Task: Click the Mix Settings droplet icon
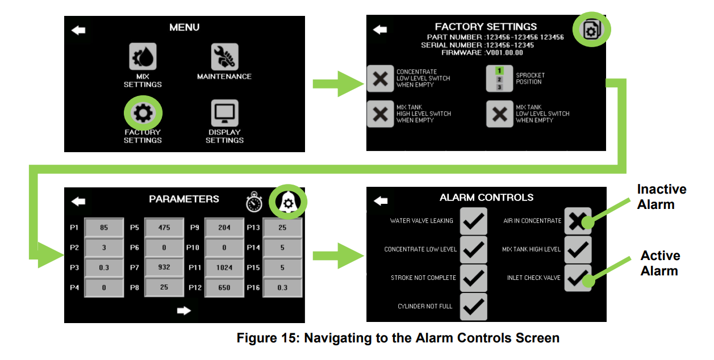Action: (x=143, y=57)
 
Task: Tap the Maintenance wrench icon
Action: (x=224, y=57)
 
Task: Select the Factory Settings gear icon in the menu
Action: (x=143, y=114)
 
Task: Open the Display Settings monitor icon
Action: (x=224, y=114)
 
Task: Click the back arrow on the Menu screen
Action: (x=78, y=30)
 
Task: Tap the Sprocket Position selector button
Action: (x=499, y=78)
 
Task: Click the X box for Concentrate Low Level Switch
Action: (x=380, y=78)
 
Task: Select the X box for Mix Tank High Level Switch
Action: (x=380, y=114)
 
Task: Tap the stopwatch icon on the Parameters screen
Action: (x=254, y=202)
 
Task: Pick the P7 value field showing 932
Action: (x=164, y=267)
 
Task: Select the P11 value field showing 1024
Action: (x=224, y=267)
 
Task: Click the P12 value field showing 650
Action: (x=224, y=287)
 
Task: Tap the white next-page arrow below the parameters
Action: (x=183, y=311)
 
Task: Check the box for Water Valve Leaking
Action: (x=473, y=221)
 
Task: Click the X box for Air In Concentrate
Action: (x=578, y=221)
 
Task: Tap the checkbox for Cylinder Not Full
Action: (x=473, y=307)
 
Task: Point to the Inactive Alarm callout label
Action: (x=661, y=196)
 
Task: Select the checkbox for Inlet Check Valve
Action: (x=578, y=278)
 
